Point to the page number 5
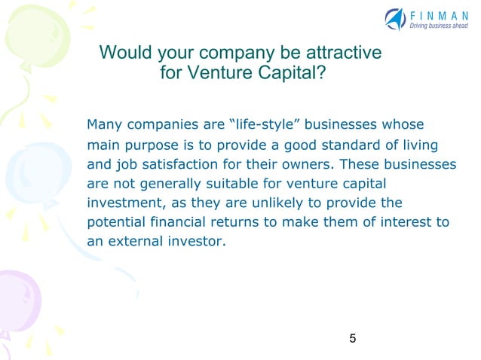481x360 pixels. pyautogui.click(x=353, y=338)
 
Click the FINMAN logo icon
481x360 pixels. pyautogui.click(x=395, y=18)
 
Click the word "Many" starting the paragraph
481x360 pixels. pyautogui.click(x=104, y=124)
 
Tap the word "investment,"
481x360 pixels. pyautogui.click(x=121, y=203)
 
